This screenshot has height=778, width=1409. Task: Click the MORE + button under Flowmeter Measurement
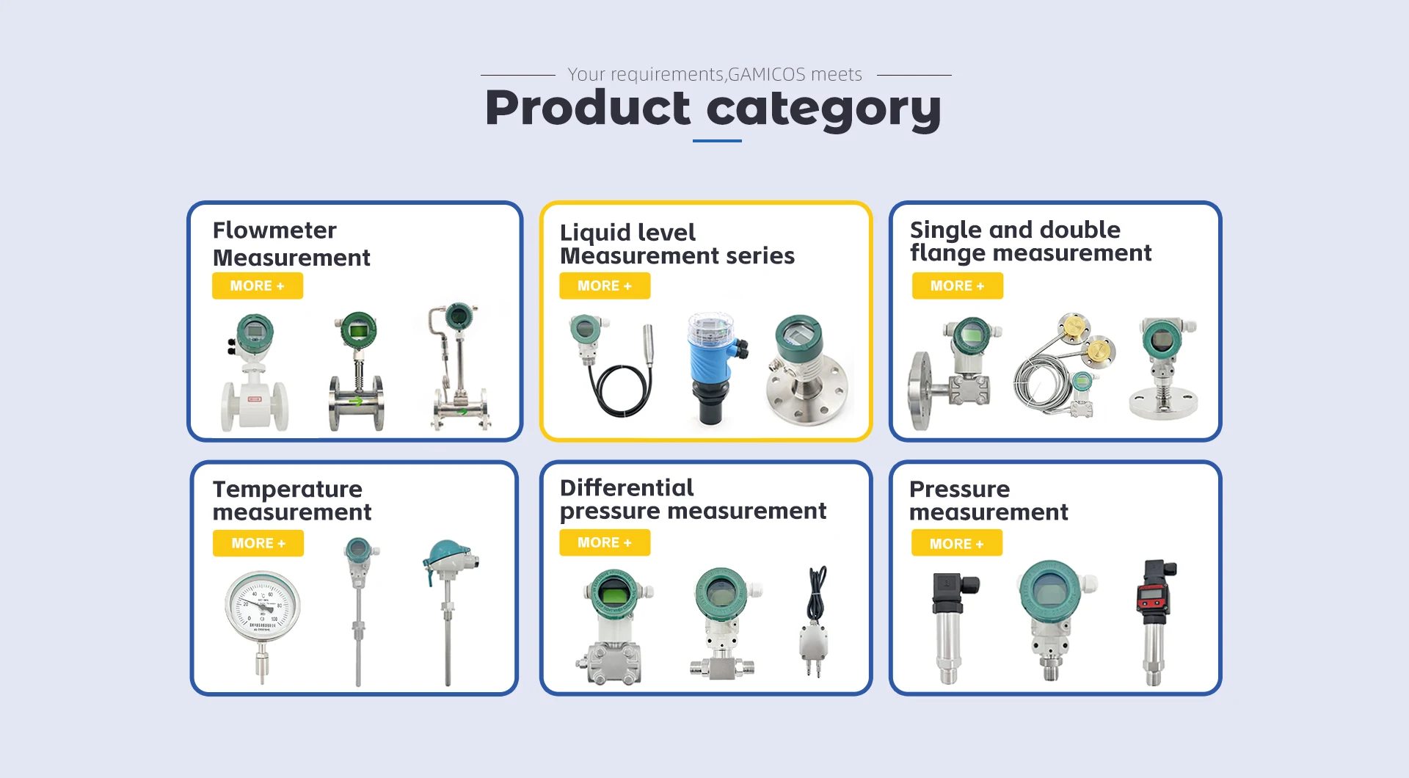258,286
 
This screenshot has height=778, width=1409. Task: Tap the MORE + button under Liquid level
605,286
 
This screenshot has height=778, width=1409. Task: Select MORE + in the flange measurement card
958,286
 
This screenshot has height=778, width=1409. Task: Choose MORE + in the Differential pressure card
605,542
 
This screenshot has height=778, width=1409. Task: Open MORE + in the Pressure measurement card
957,543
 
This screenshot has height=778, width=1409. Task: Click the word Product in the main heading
588,108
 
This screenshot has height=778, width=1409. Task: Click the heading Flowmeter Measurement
291,244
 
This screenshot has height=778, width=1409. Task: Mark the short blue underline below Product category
717,140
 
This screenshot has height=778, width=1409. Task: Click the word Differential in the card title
627,487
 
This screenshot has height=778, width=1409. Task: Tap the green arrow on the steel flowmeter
356,401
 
